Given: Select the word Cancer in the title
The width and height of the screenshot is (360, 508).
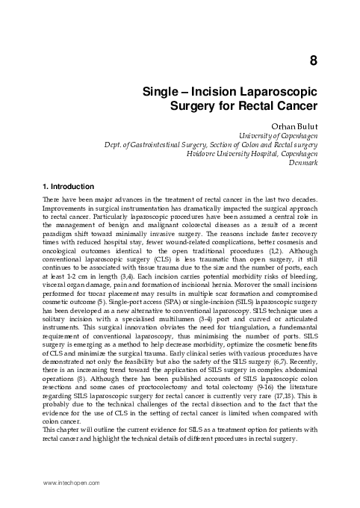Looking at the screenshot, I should pos(298,107).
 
